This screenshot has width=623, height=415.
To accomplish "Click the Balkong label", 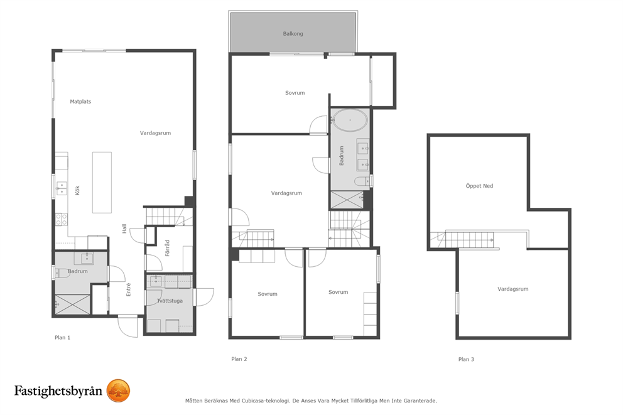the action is [293, 34].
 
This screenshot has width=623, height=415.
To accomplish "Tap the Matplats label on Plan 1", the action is [80, 102].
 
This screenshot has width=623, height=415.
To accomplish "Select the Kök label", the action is [77, 190].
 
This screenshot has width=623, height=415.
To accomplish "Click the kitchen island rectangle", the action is [102, 182].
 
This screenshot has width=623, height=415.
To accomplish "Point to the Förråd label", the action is [167, 248].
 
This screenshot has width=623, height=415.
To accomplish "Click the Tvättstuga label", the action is [170, 301].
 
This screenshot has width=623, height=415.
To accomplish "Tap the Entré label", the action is [128, 289].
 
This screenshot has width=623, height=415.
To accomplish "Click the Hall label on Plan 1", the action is [124, 229].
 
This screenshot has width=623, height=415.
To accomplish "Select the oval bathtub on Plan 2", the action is [350, 119].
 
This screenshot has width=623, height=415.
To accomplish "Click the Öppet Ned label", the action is [479, 186].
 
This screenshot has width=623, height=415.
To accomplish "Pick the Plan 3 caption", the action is [466, 359].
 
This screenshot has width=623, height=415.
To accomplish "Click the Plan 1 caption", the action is [62, 338].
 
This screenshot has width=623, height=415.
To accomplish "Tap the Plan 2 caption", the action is [239, 359].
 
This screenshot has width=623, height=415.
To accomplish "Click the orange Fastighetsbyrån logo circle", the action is [119, 391].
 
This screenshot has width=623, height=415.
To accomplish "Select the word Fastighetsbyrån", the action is [58, 391].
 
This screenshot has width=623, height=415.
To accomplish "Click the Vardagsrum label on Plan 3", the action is [513, 289].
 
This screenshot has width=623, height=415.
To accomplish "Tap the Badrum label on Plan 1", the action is [77, 271].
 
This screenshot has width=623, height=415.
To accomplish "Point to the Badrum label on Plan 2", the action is [341, 155].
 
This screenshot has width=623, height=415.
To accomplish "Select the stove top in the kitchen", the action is [61, 219].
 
